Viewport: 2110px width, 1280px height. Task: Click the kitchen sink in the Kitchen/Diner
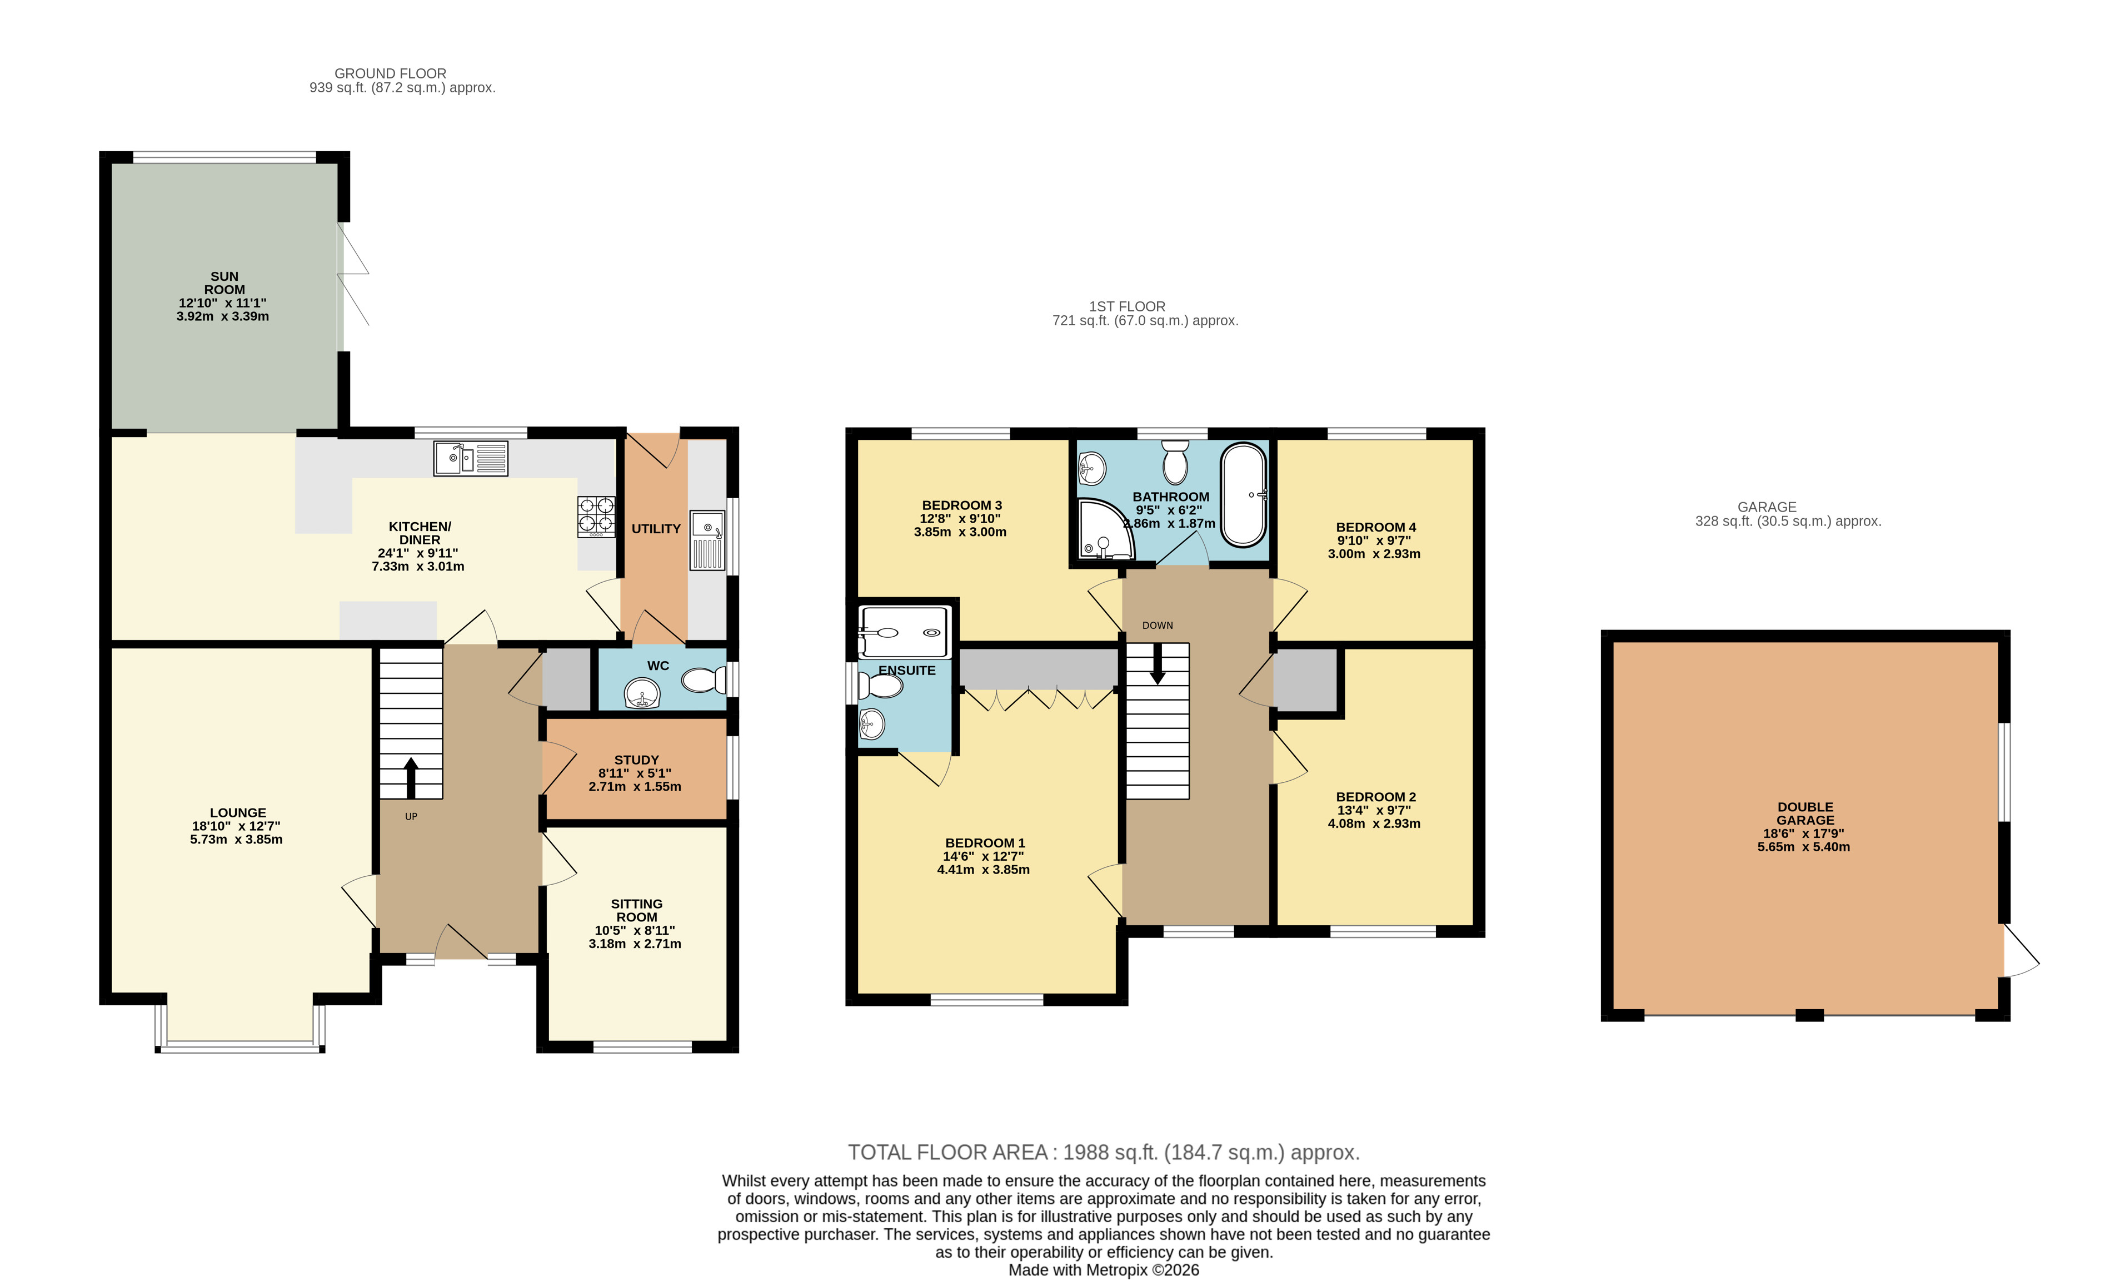[x=470, y=458]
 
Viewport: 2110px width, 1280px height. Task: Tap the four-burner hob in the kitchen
[x=596, y=517]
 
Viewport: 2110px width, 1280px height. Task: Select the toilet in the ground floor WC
[x=704, y=680]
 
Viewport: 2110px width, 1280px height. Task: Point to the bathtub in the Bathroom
[x=1244, y=495]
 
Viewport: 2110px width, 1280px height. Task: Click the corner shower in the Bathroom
[x=1105, y=529]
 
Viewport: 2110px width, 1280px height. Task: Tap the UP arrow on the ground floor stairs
[x=411, y=778]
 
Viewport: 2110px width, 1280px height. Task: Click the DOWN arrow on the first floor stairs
[x=1157, y=664]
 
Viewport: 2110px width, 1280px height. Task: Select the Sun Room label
[x=225, y=282]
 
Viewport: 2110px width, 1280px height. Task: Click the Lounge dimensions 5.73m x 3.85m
[x=236, y=840]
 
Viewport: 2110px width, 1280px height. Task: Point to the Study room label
[x=636, y=760]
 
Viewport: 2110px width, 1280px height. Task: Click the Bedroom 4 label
[x=1376, y=527]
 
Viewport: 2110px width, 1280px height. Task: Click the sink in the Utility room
[x=707, y=540]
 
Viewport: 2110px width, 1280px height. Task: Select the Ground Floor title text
[x=391, y=74]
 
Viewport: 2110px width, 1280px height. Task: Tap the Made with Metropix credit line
[x=1103, y=1270]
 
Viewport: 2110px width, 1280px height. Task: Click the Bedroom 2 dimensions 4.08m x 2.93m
[x=1374, y=823]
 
